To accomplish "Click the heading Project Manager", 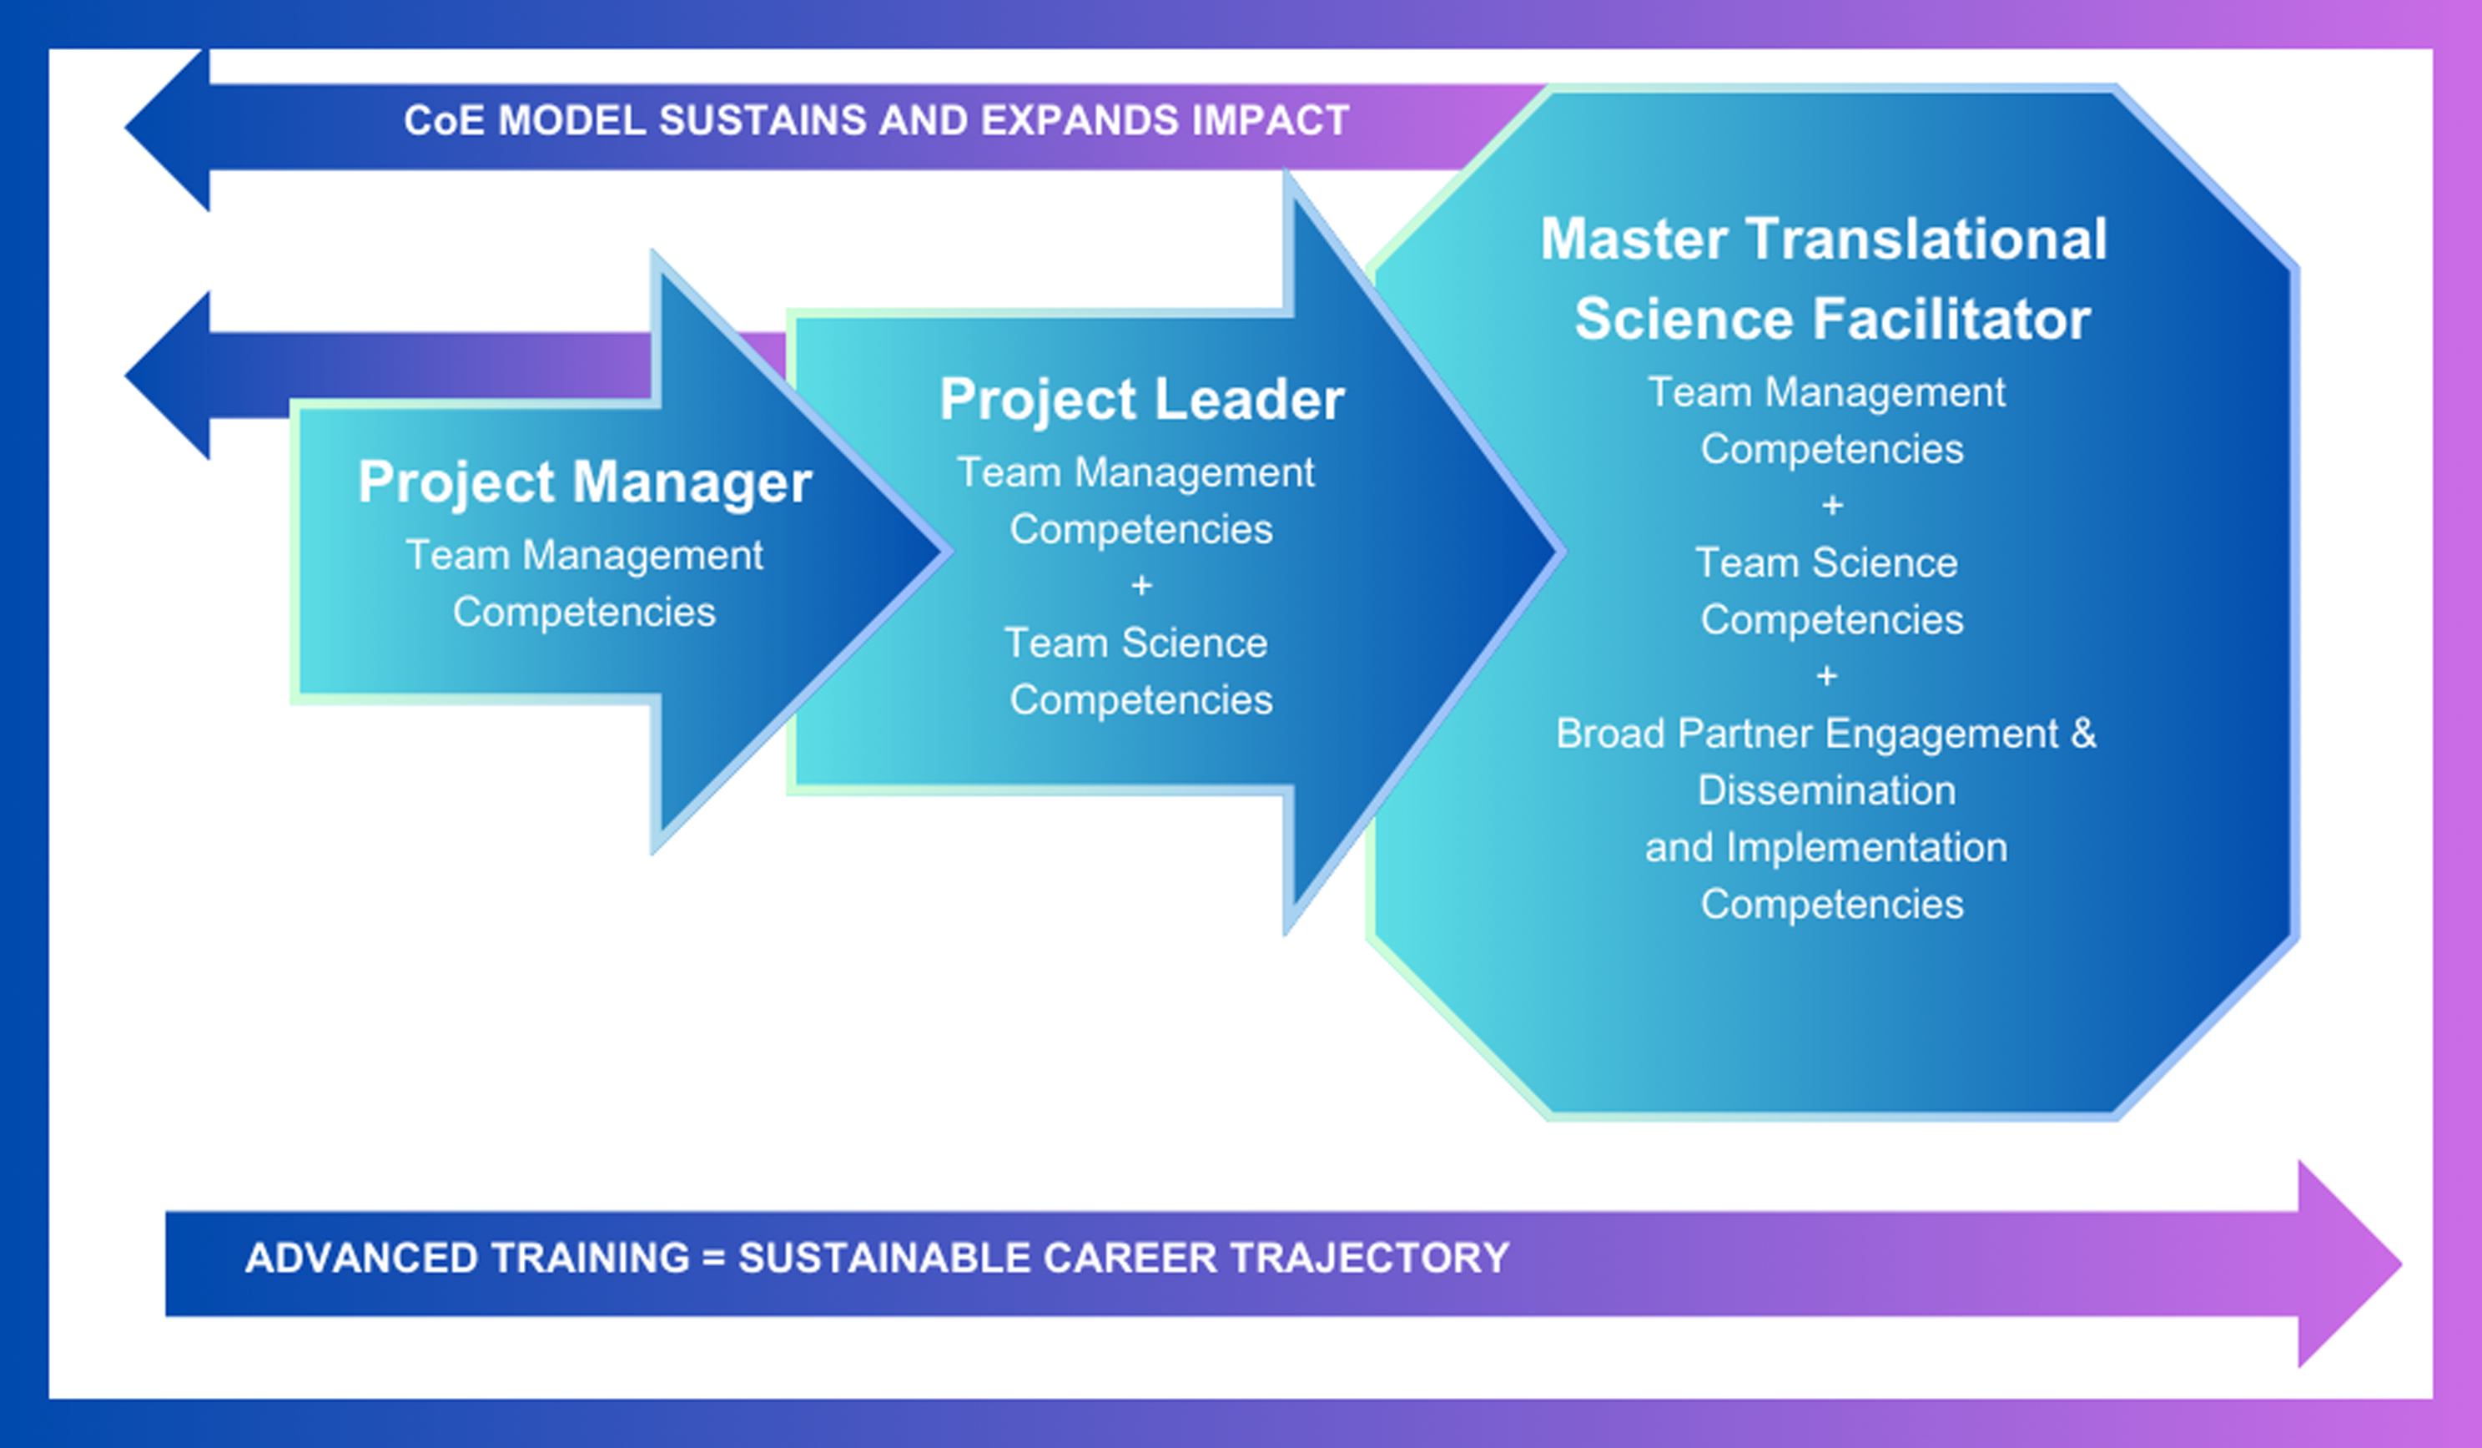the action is click(585, 482).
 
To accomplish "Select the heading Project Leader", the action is click(1141, 400).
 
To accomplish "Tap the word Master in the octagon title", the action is click(1633, 240).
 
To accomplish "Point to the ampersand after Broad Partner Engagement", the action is click(2083, 734).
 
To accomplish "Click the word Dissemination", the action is click(1827, 791).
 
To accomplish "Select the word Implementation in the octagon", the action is click(1866, 848).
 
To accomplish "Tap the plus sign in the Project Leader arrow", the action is click(1141, 586).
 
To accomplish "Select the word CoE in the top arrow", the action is click(444, 121).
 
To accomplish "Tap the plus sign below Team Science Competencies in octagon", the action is click(1827, 677).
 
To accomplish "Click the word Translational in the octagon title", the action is click(1926, 240).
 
